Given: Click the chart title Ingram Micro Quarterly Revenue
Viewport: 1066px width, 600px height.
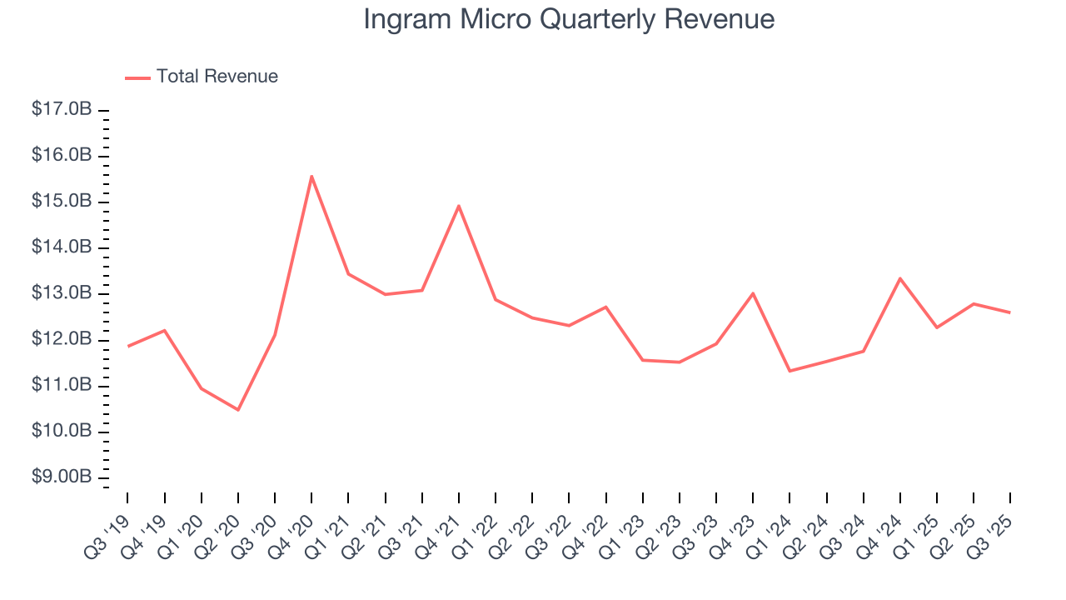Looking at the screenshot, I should click(569, 20).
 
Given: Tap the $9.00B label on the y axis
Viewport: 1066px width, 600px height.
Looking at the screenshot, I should click(62, 477).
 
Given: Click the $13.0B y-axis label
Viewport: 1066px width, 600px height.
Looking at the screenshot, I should click(62, 293).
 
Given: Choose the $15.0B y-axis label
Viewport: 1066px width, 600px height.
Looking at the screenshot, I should click(62, 202).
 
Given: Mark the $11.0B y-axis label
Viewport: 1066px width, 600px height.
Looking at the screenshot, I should click(62, 385).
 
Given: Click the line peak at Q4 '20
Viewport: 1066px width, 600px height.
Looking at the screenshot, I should click(311, 176).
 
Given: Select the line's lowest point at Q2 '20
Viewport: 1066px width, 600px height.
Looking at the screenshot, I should click(238, 409).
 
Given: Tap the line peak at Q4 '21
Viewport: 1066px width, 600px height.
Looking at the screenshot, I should click(459, 206).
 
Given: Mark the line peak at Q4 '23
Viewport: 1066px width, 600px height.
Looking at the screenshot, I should click(753, 293).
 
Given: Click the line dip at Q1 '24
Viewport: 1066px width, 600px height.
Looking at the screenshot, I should click(790, 371).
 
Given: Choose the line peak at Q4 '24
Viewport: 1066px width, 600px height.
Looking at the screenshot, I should click(900, 278).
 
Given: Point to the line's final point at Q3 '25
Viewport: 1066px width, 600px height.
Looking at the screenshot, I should click(1010, 312).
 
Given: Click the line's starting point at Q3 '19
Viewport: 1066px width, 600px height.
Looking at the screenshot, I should click(127, 346).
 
